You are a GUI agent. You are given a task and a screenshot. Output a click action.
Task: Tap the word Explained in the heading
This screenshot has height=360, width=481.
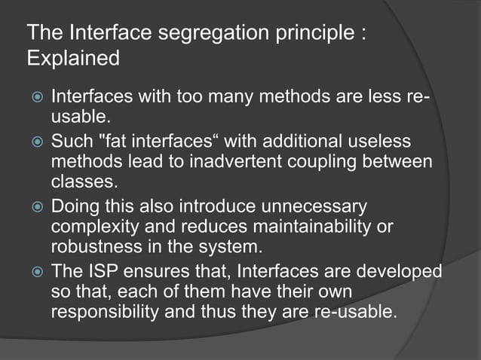coord(73,58)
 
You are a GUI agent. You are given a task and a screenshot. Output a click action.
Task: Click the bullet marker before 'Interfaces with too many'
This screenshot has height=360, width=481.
coord(34,98)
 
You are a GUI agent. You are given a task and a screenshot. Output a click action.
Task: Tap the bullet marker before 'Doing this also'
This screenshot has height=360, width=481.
coord(34,206)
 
